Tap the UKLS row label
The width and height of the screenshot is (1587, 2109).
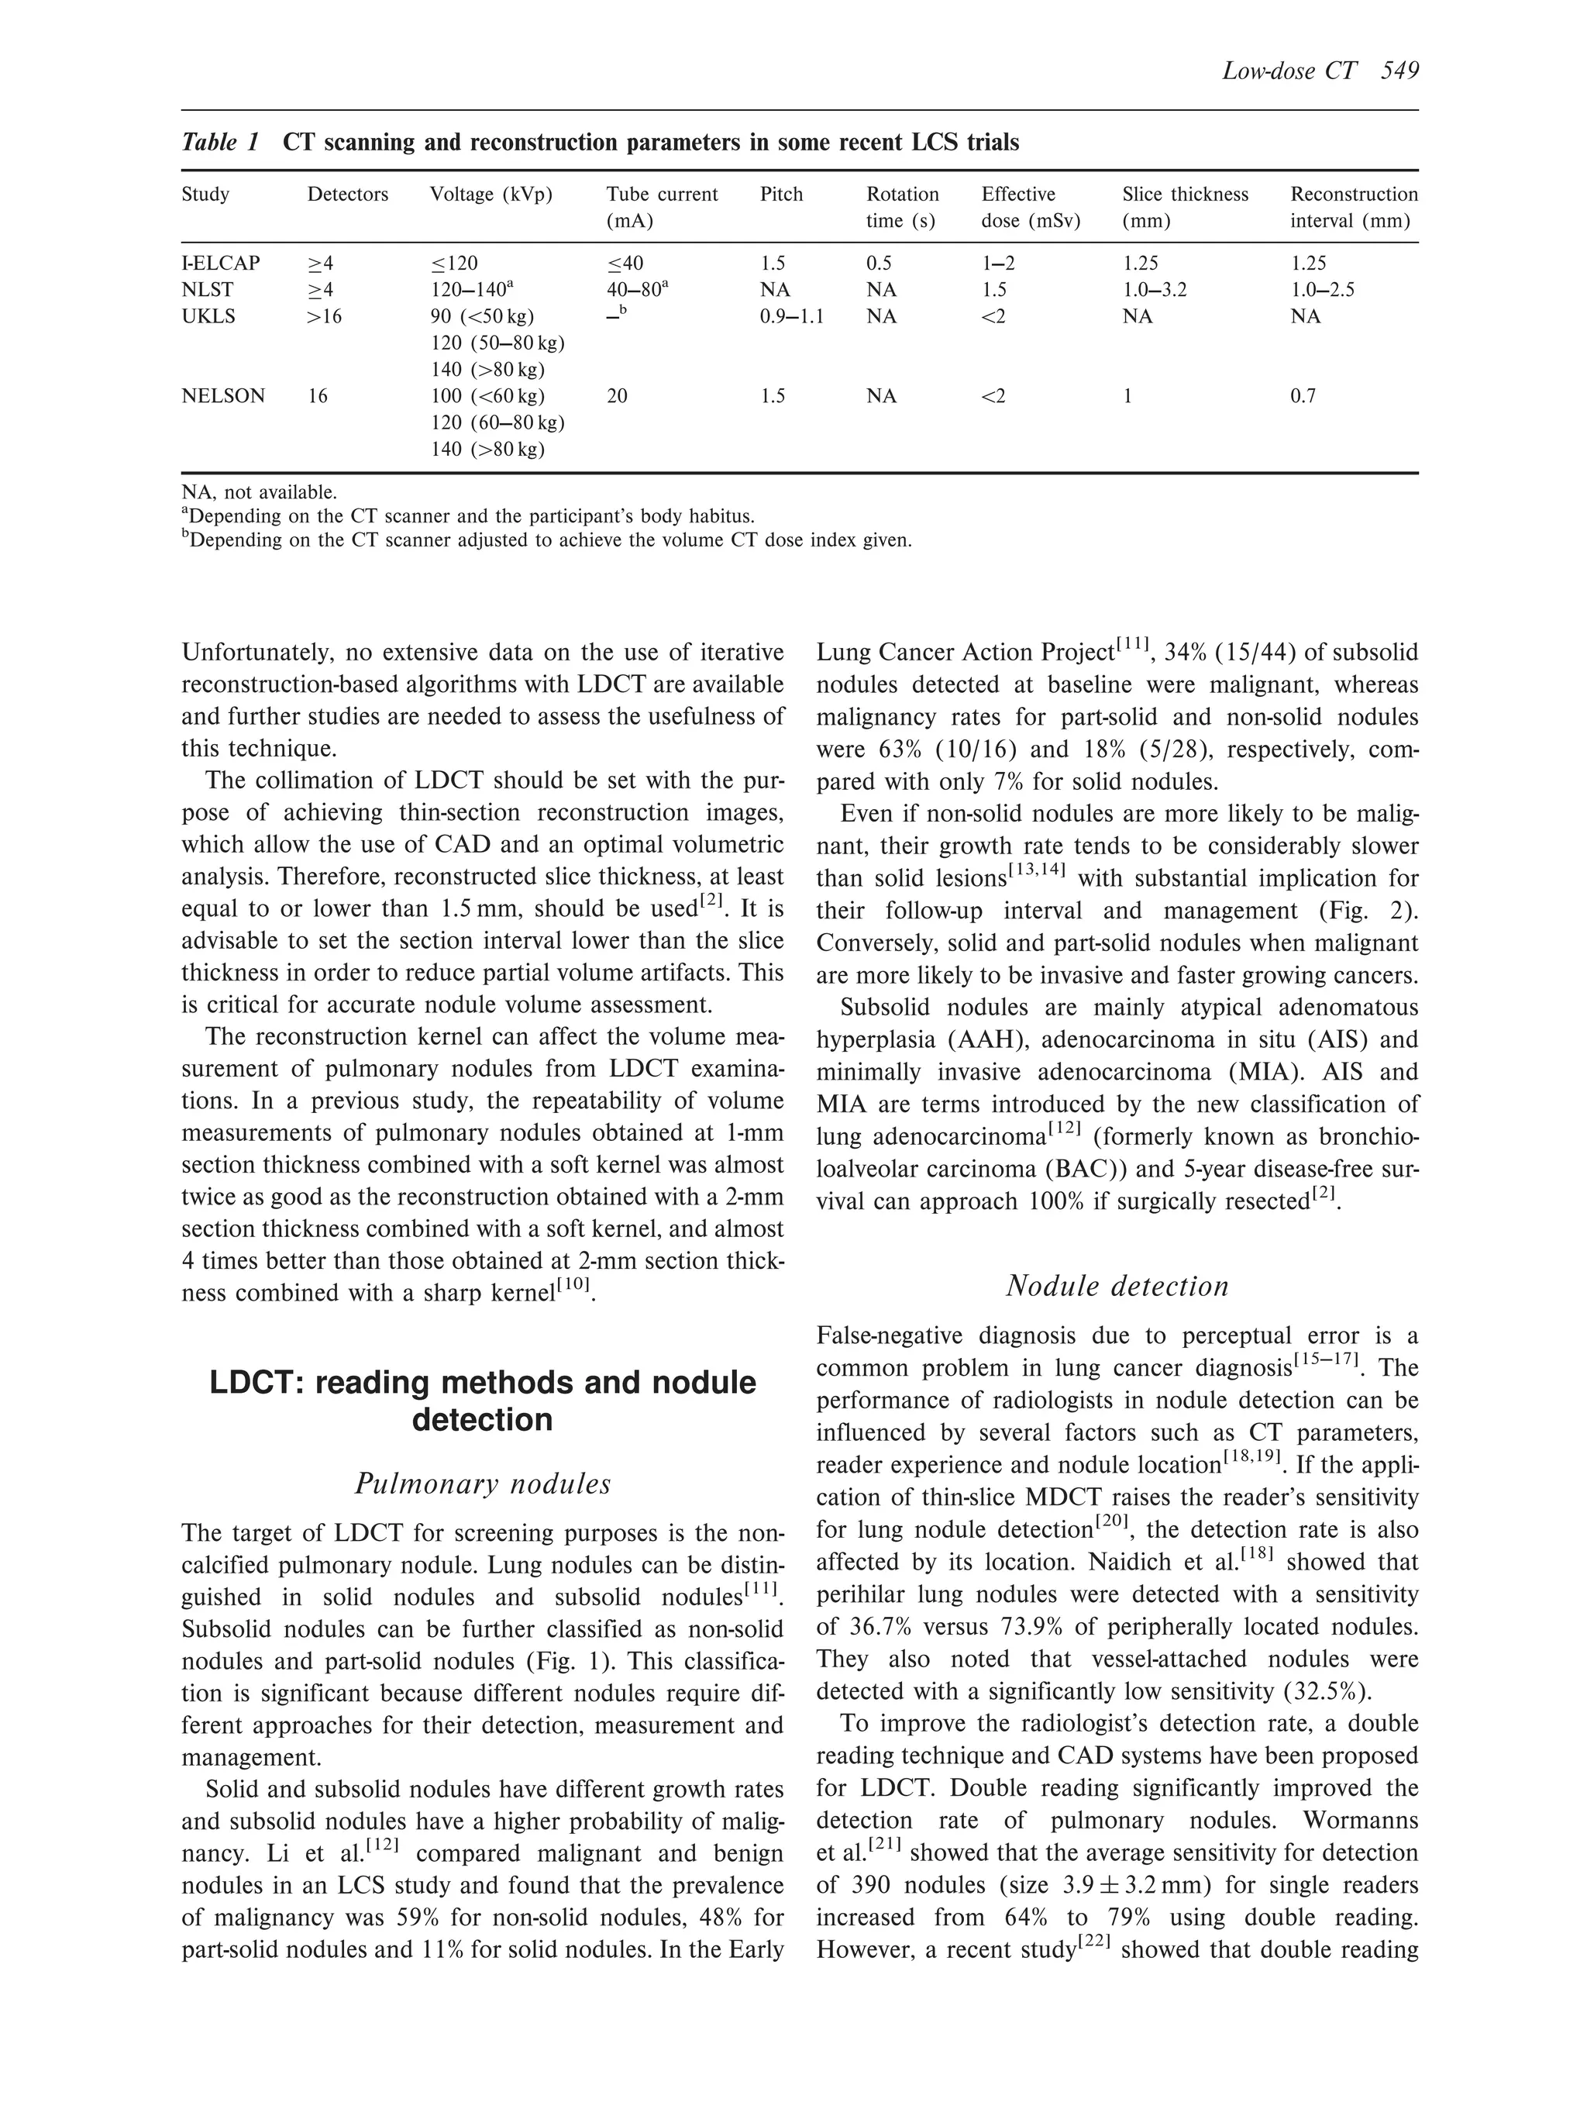(208, 316)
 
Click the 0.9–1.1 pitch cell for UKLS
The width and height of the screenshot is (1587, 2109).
(791, 316)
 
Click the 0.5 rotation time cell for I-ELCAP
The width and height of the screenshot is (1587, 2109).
(879, 264)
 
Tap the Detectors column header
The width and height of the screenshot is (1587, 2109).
(347, 195)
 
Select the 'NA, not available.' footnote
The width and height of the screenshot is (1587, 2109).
(260, 493)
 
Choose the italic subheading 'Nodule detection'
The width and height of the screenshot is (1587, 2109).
(1117, 1286)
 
